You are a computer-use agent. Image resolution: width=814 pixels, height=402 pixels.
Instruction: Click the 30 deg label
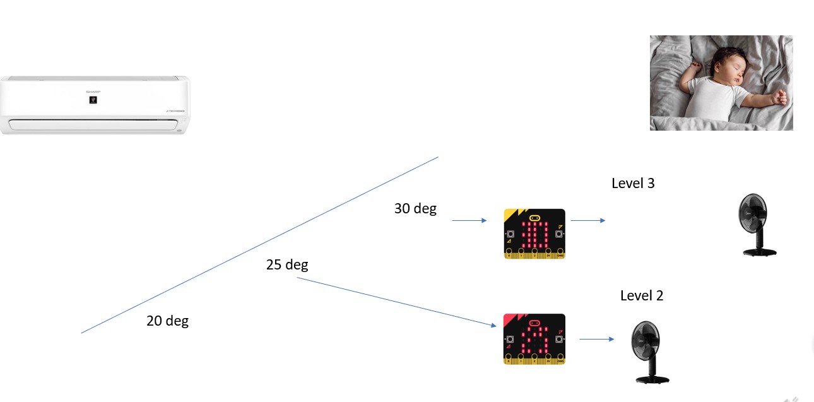415,208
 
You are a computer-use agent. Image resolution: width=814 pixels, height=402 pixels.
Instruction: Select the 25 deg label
287,264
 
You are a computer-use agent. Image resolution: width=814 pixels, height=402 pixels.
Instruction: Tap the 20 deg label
167,321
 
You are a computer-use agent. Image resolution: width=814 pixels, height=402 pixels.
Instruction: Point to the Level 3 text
633,183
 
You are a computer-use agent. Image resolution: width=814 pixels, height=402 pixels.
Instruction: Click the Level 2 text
642,295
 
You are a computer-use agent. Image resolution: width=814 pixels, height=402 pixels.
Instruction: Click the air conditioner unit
95,105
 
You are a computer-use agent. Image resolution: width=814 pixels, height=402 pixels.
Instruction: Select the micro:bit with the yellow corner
534,234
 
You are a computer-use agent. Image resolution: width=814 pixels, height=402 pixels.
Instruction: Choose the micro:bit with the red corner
534,339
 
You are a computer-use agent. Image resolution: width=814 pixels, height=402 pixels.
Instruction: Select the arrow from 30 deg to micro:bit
469,220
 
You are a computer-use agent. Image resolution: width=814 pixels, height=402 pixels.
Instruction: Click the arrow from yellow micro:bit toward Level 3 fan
587,220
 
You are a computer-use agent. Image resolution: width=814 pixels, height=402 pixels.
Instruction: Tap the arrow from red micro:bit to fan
596,339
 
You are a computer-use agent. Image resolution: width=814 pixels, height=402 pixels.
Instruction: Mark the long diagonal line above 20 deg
259,245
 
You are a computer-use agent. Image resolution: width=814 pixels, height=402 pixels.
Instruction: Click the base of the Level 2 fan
652,379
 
